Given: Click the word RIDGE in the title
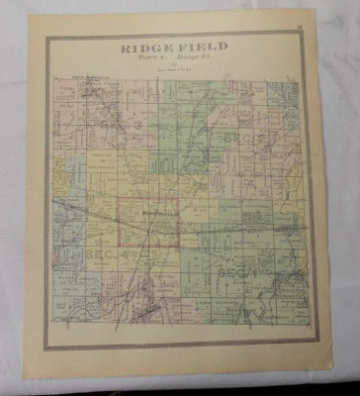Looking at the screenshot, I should [144, 47].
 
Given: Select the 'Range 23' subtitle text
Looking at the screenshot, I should [194, 57].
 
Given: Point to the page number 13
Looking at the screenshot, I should [310, 16].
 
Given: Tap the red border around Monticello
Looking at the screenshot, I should [120, 223].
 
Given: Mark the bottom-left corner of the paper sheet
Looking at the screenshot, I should [25, 381].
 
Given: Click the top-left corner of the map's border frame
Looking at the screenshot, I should [45, 34].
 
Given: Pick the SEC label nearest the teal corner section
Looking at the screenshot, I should [242, 137].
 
